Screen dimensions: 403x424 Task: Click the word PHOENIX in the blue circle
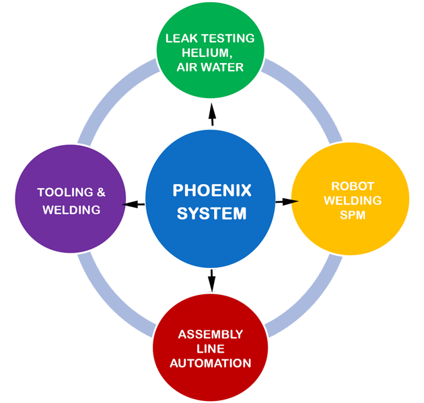point(212,191)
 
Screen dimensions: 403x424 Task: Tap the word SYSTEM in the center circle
point(212,214)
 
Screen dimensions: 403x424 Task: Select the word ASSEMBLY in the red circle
point(211,334)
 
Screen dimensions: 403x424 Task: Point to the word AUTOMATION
point(211,363)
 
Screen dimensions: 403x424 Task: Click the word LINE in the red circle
point(211,349)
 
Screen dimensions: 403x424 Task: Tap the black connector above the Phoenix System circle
point(212,114)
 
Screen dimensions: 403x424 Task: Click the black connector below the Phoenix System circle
point(211,279)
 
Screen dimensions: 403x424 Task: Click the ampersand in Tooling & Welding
point(101,193)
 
